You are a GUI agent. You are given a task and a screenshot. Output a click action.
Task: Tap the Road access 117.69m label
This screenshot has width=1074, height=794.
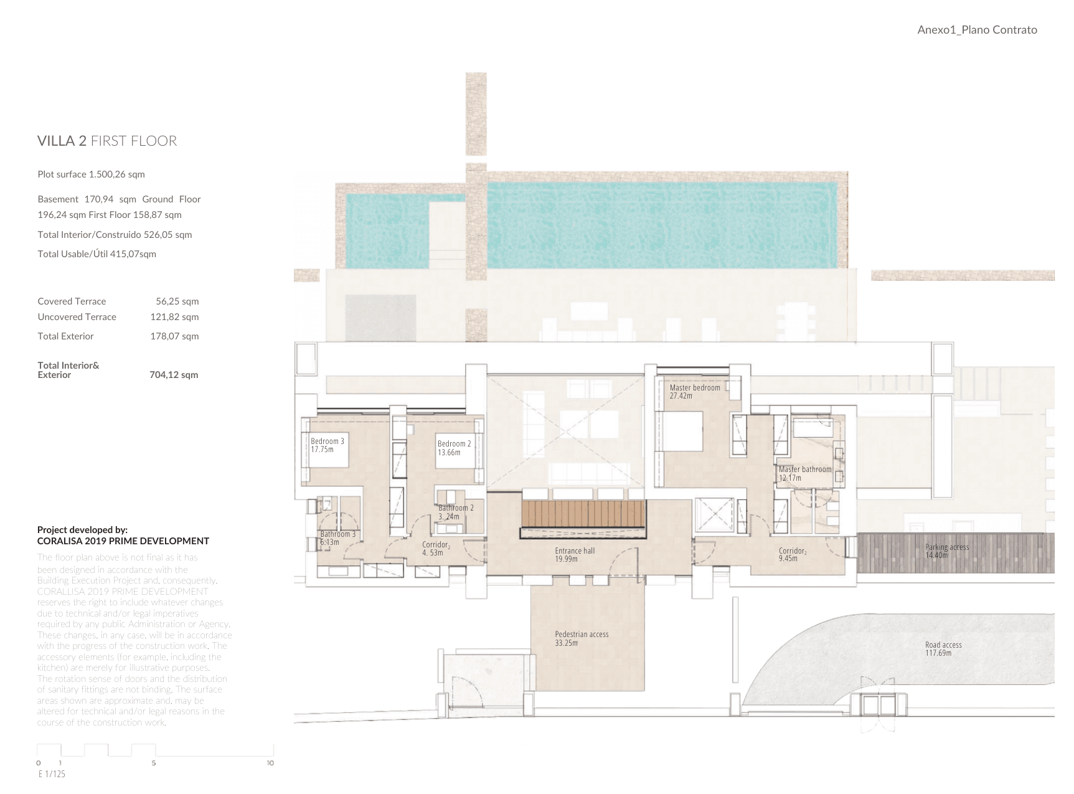pos(943,649)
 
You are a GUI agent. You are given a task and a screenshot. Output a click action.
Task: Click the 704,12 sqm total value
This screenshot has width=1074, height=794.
pos(174,375)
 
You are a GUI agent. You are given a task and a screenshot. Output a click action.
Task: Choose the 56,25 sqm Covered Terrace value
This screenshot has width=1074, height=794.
pos(177,301)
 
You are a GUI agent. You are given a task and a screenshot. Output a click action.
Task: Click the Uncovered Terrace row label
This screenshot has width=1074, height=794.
pos(77,317)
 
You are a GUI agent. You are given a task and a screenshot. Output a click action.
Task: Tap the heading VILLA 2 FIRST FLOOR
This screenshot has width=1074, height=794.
pos(107,141)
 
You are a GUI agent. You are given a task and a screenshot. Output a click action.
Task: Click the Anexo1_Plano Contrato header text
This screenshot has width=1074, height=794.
pos(977,30)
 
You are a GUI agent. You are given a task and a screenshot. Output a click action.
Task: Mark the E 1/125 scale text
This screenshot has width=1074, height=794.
pos(52,774)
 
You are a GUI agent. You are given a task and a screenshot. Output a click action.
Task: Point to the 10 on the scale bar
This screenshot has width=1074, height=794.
pos(270,763)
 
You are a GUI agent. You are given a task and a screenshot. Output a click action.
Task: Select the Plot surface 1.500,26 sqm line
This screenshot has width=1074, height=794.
pos(91,174)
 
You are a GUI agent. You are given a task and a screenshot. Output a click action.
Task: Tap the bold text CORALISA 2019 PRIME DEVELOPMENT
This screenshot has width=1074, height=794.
pos(123,541)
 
